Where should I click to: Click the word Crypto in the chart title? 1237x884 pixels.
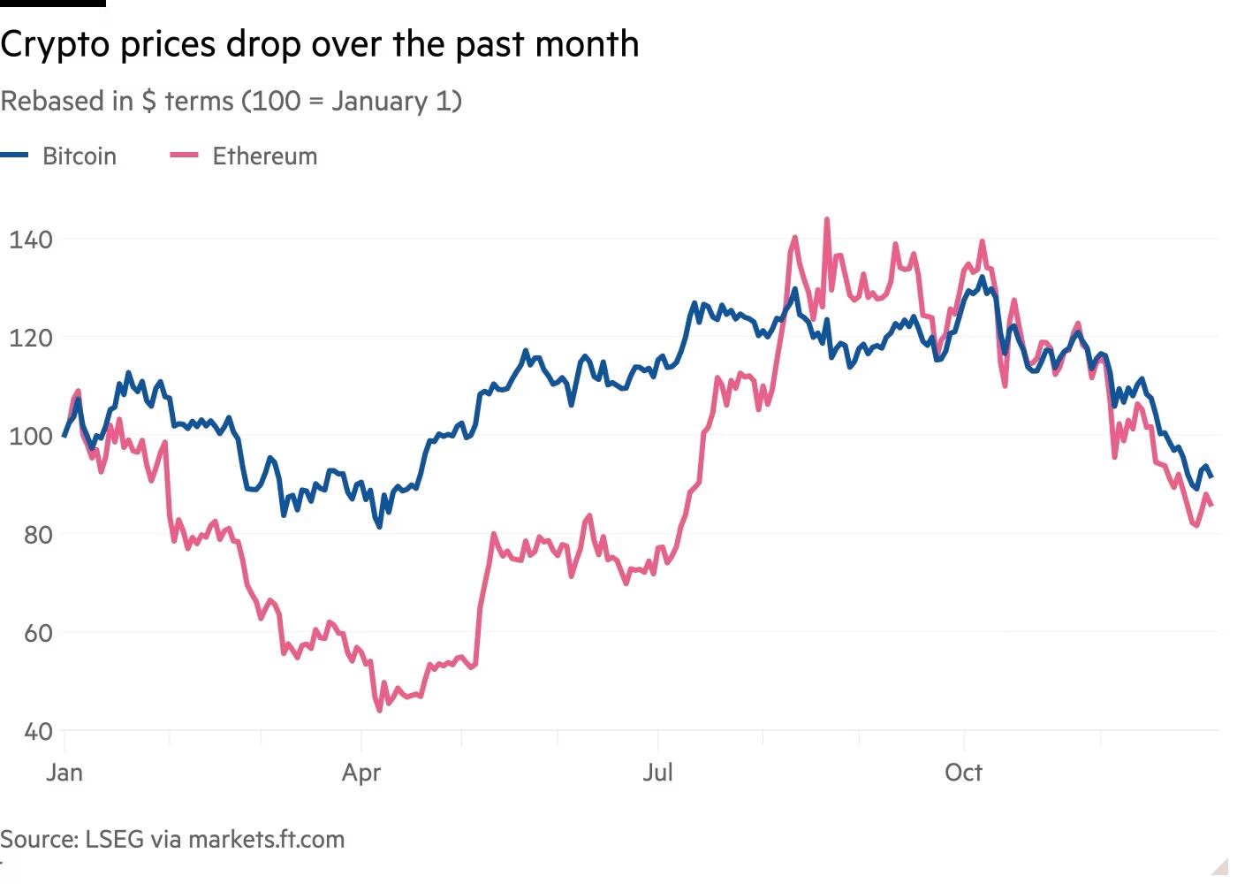tap(56, 44)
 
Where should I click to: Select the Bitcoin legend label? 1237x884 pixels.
tap(80, 156)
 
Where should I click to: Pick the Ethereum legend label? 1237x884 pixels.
tap(264, 156)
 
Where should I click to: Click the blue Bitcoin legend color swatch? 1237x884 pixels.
tap(15, 156)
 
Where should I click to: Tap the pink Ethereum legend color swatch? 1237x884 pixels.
tap(184, 156)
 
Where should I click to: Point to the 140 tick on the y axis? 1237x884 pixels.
tap(31, 240)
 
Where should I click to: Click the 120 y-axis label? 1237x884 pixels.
tap(31, 338)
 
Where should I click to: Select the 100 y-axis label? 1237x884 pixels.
tap(31, 436)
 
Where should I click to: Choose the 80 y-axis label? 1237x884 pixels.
tap(31, 535)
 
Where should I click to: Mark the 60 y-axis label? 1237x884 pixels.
tap(31, 633)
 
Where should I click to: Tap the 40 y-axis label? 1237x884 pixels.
tap(31, 732)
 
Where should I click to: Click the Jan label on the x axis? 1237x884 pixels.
tap(65, 773)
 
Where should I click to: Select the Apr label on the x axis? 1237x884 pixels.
tap(361, 773)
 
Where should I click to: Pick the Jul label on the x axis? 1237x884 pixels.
tap(657, 773)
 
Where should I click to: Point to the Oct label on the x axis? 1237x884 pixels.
tap(963, 773)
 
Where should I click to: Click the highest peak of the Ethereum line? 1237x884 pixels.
tap(826, 219)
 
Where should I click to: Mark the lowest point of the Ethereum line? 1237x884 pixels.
tap(379, 710)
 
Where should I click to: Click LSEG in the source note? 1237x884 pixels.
tap(113, 839)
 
